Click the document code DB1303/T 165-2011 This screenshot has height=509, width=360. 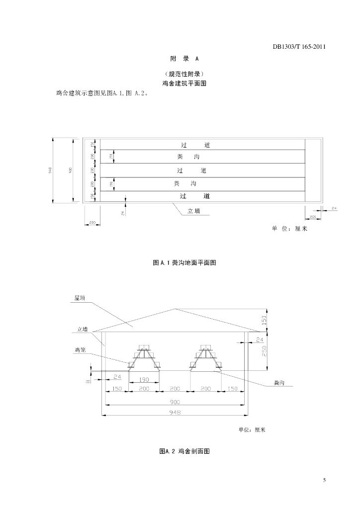[x=299, y=47]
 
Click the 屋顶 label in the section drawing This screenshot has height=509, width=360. [x=80, y=298]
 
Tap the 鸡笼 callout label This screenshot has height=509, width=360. [x=81, y=350]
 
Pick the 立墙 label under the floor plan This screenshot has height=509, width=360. [x=193, y=211]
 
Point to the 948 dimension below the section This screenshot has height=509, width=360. [x=175, y=413]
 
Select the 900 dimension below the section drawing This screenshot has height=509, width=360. [x=175, y=402]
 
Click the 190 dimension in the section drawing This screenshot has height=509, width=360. [x=144, y=380]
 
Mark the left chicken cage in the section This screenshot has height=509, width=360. [x=144, y=357]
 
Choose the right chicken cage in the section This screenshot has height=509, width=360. [x=205, y=357]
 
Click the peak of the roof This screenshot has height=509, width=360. [x=175, y=309]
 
